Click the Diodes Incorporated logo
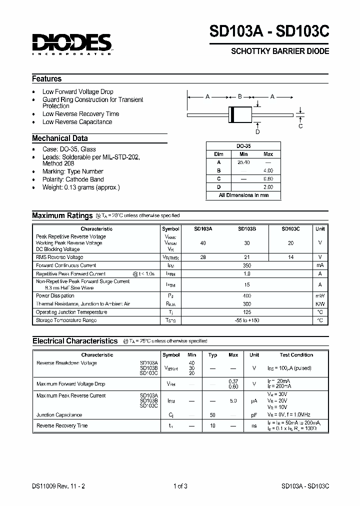pos(72,44)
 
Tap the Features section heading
pos(47,79)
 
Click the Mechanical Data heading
pos(60,138)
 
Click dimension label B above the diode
pos(239,96)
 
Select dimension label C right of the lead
pos(300,126)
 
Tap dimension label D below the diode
pos(257,132)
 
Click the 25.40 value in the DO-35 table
pos(243,162)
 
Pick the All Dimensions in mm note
pos(243,195)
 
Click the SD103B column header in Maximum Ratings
pos(246,228)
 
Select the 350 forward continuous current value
pos(246,265)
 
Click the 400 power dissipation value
pos(246,296)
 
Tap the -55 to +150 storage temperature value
pos(246,320)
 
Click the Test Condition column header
pos(296,355)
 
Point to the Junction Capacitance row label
pos(59,415)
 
